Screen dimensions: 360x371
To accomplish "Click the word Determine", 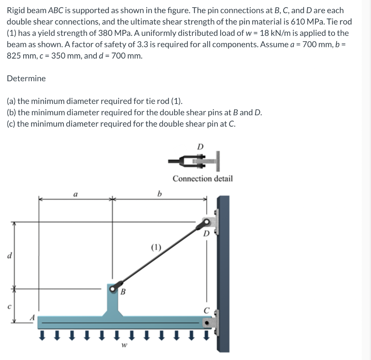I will pyautogui.click(x=26, y=79).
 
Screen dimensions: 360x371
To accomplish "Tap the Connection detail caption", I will pyautogui.click(x=203, y=179).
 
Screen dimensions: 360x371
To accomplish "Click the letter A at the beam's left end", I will pyautogui.click(x=32, y=316).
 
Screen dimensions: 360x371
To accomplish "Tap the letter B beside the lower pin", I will pyautogui.click(x=123, y=291).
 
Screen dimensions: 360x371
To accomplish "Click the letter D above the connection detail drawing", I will pyautogui.click(x=200, y=147).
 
